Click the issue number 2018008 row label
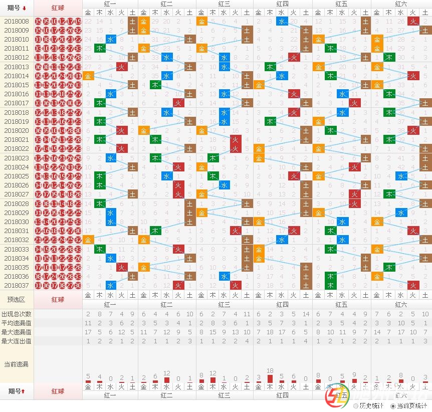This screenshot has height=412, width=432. [x=17, y=21]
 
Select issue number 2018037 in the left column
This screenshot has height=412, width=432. [x=17, y=285]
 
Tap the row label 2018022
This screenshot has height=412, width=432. [x=17, y=148]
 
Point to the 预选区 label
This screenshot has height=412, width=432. [x=17, y=299]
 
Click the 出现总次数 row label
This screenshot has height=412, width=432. [x=17, y=314]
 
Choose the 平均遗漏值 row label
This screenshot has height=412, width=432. [x=17, y=323]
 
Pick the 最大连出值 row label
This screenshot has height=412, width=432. [x=17, y=341]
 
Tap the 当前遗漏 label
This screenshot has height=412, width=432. [x=17, y=364]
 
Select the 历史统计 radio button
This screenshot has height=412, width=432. [x=356, y=405]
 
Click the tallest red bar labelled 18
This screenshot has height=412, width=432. [x=270, y=378]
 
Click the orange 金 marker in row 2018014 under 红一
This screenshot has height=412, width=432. [x=88, y=76]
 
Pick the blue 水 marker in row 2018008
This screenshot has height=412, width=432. [x=282, y=21]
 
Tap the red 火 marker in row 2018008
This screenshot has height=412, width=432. [x=412, y=21]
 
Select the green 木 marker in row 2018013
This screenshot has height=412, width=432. [x=270, y=67]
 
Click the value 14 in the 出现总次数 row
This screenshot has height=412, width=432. [x=305, y=314]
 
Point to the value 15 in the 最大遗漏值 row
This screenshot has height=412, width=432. [x=212, y=332]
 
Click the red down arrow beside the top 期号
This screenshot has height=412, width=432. [x=24, y=8]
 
